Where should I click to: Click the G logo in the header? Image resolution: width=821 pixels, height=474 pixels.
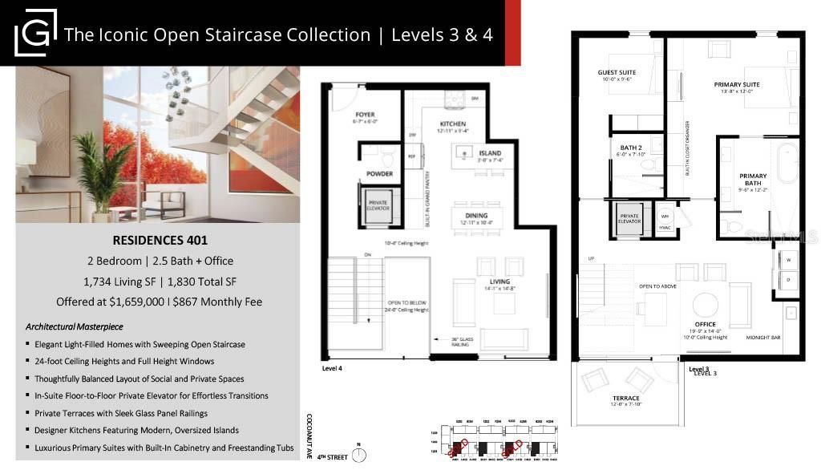click(x=35, y=33)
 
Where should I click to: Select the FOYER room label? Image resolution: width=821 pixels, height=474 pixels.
click(x=365, y=115)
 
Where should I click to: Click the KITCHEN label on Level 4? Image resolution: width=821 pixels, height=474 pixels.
click(x=452, y=124)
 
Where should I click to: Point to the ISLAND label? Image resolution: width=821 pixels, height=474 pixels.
click(x=490, y=153)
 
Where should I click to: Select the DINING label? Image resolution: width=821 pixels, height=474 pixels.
click(x=475, y=216)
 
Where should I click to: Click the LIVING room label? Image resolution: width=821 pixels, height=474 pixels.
click(x=500, y=282)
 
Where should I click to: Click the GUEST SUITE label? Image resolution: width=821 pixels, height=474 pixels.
click(x=616, y=72)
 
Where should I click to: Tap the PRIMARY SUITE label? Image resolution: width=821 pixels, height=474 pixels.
click(x=737, y=84)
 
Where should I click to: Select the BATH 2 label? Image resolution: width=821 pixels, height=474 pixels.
click(x=629, y=148)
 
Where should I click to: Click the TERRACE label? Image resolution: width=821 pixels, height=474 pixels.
click(x=625, y=398)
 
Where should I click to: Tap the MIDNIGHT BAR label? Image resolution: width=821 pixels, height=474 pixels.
click(x=763, y=338)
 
